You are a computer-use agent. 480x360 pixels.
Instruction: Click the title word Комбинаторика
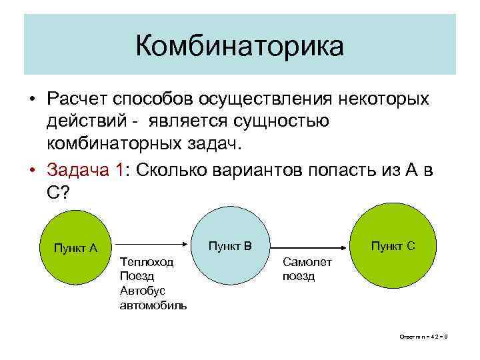point(239,46)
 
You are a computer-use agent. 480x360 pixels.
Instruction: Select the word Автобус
point(142,291)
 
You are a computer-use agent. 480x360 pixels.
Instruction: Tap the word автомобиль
point(153,305)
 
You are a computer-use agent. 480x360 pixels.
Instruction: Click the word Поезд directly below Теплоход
point(137,276)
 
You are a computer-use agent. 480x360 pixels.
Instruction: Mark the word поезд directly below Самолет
point(298,277)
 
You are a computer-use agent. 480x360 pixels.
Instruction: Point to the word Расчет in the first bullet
point(76,99)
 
